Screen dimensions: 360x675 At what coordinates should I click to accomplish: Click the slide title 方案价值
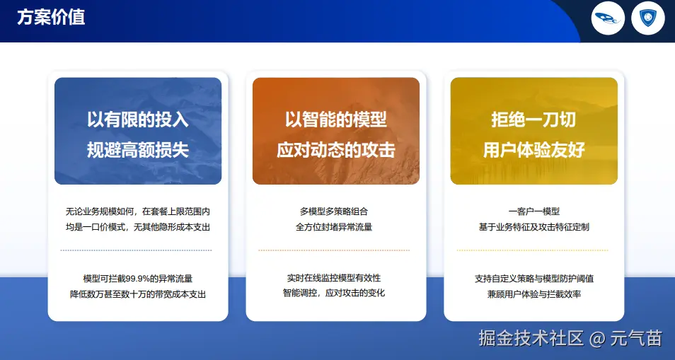(51, 18)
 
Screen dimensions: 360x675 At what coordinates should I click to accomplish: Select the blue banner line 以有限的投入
(138, 120)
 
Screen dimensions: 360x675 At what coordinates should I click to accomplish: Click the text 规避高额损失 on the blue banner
(138, 150)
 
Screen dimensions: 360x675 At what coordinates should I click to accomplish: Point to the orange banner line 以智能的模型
(336, 120)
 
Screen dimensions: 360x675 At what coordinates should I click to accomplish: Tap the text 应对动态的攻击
(336, 150)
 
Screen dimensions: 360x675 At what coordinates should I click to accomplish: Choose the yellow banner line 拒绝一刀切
(533, 120)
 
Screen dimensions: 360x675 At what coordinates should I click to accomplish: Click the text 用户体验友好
(533, 150)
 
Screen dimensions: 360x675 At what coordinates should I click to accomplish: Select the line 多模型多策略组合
(334, 211)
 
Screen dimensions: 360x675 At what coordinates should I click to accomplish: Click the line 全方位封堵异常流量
(334, 227)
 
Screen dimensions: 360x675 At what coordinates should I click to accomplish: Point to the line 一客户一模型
(533, 211)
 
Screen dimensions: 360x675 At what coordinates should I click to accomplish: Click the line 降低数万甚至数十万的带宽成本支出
(138, 294)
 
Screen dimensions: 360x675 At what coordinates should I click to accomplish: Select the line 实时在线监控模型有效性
(334, 277)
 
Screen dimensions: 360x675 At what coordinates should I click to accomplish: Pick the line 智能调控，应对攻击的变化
(334, 293)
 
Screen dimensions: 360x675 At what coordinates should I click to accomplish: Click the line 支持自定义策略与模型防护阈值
(533, 279)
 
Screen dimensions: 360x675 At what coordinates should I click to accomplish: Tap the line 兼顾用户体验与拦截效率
(533, 294)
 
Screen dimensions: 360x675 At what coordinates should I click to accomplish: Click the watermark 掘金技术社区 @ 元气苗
(570, 338)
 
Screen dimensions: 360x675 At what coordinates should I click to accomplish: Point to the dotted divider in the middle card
(334, 250)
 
